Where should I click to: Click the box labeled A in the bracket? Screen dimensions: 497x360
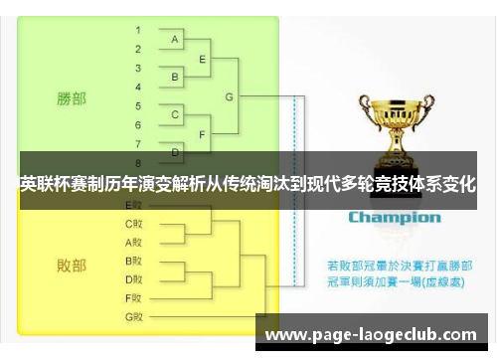(175, 40)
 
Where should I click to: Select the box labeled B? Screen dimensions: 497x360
(175, 77)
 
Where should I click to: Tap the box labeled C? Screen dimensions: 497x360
(175, 114)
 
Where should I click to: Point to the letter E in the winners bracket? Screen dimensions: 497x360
(203, 59)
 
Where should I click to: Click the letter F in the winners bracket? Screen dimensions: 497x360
(203, 133)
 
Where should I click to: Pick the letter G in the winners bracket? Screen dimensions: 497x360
(230, 96)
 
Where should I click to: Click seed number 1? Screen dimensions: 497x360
(138, 30)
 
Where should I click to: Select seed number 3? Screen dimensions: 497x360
(138, 68)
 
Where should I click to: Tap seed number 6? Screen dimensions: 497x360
(138, 124)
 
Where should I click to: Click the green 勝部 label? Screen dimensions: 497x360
(72, 98)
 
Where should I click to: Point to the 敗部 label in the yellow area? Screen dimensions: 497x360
(72, 266)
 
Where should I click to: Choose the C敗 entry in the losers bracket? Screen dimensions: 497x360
(134, 223)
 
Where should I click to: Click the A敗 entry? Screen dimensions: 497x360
(134, 242)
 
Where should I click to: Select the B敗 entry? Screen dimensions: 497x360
(134, 261)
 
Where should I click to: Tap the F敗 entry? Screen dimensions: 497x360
(134, 297)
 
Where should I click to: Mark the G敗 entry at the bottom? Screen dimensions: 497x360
(134, 316)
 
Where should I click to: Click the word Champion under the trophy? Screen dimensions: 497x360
(394, 217)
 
